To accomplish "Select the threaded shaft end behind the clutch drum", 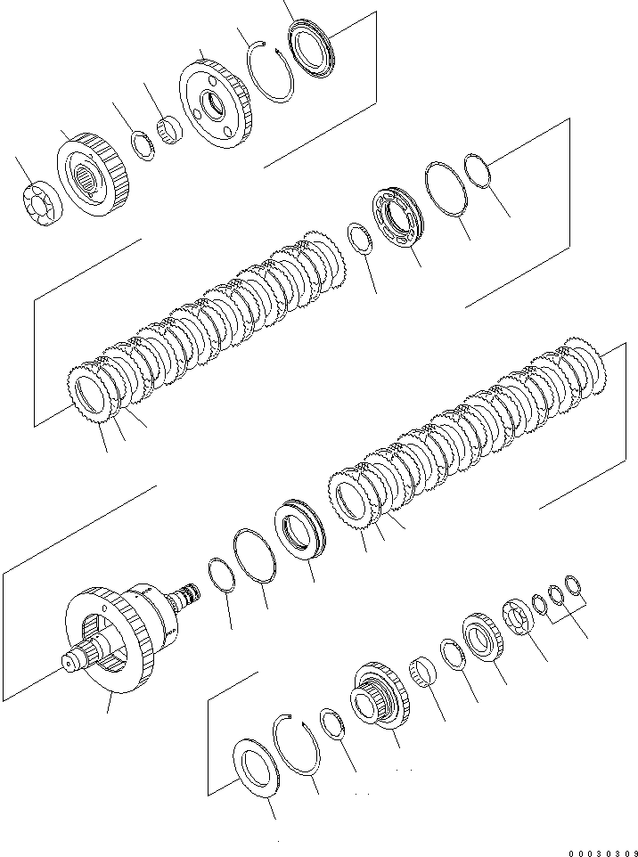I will pyautogui.click(x=189, y=594).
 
